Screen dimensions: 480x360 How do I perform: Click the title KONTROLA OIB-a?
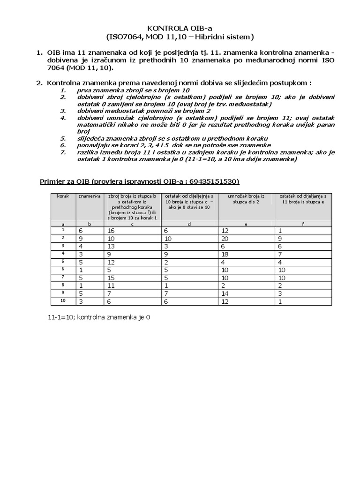coord(180,28)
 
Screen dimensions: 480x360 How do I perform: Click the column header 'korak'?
coord(62,195)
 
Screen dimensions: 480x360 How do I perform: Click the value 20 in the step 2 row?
coord(226,238)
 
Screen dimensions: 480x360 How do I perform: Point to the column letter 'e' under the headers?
coord(246,224)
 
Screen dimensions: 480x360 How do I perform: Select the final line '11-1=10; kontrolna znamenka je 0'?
coord(99,317)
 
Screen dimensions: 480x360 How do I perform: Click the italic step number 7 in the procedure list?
coord(62,152)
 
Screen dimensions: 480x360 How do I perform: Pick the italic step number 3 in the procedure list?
coord(62,111)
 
